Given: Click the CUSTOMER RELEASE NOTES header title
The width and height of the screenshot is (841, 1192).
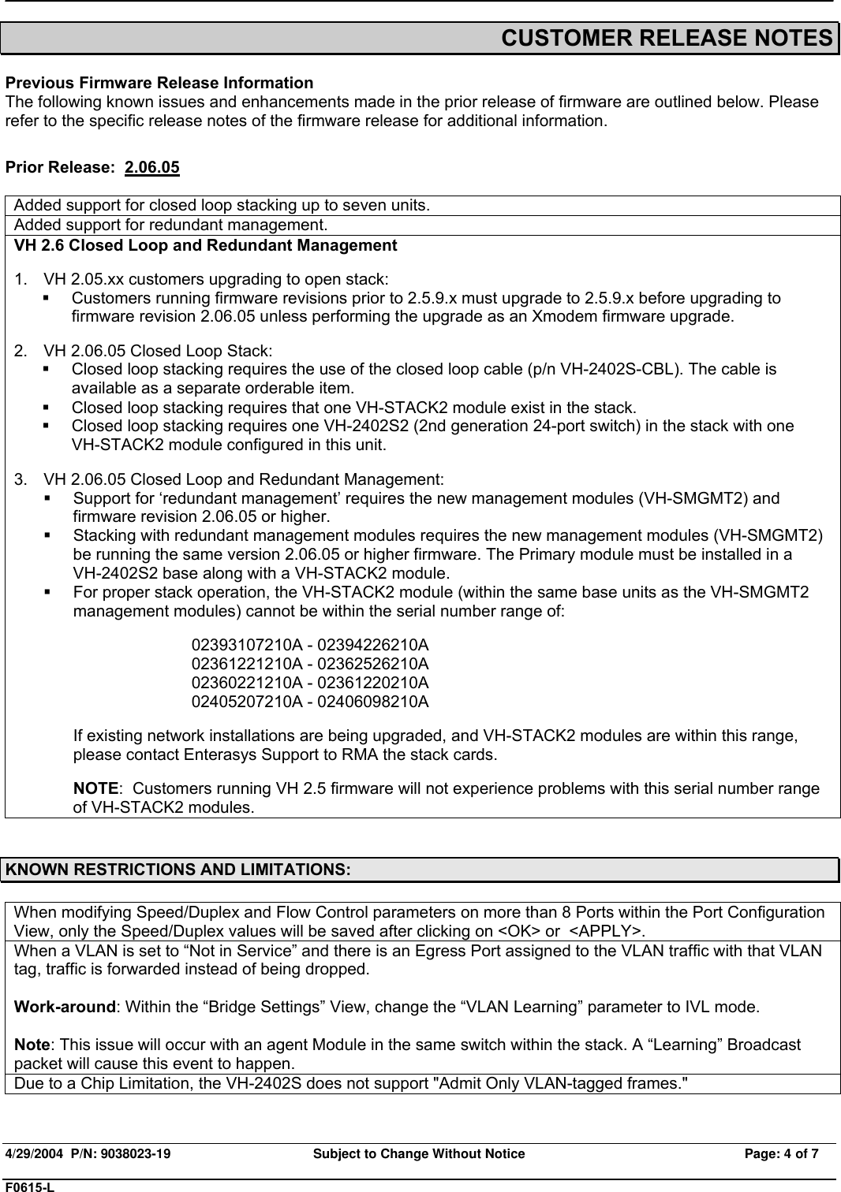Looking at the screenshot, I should (x=667, y=38).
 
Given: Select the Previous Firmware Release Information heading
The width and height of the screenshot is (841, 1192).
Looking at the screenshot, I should (x=159, y=83).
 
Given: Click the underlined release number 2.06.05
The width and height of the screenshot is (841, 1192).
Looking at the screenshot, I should (x=152, y=168).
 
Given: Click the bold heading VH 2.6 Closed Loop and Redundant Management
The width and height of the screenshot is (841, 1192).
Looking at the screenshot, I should (x=206, y=245).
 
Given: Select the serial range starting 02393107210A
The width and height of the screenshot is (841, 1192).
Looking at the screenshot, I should (x=310, y=645).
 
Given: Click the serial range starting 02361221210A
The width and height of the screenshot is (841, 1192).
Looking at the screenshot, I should (x=310, y=664).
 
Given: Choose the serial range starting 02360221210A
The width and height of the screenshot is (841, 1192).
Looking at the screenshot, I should (x=310, y=683).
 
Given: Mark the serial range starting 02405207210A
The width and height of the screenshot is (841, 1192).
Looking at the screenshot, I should (x=310, y=702).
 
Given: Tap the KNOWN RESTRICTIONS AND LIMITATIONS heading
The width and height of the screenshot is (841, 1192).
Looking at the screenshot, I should (x=178, y=870).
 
